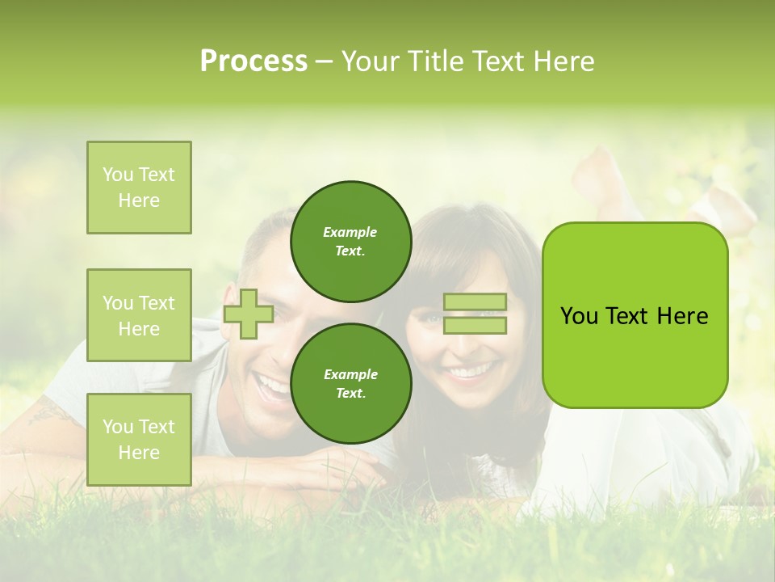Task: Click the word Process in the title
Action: coord(253,61)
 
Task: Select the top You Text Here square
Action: coord(139,188)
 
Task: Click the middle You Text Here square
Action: coord(139,315)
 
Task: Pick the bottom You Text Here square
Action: coord(139,439)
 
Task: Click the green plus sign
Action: coord(249,314)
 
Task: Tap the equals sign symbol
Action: coord(475,314)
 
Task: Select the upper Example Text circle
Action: coord(350,241)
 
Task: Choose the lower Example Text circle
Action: coord(350,383)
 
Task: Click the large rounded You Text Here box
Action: coord(635,315)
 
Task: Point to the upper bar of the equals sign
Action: coord(475,302)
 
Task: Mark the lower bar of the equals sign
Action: coord(475,325)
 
